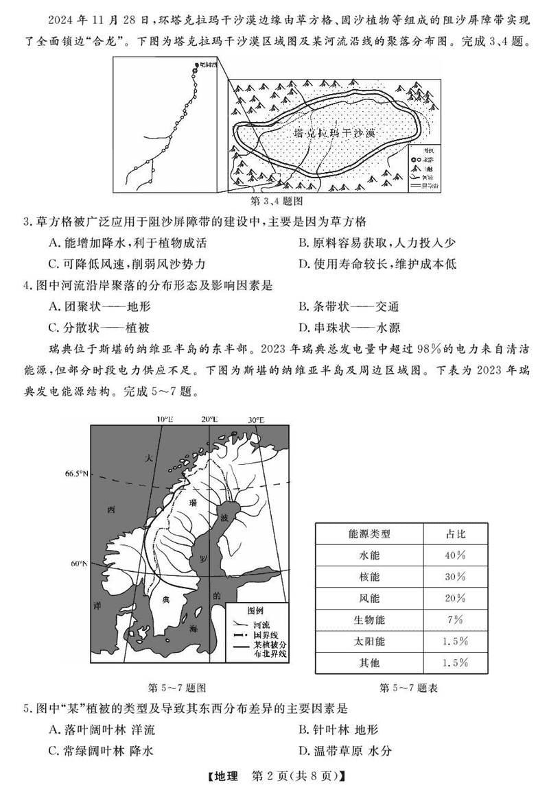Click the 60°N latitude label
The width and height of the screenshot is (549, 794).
(80, 564)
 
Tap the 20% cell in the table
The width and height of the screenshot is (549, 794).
(455, 598)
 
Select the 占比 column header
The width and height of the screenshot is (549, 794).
(455, 533)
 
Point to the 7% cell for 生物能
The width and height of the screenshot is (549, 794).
(455, 620)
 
